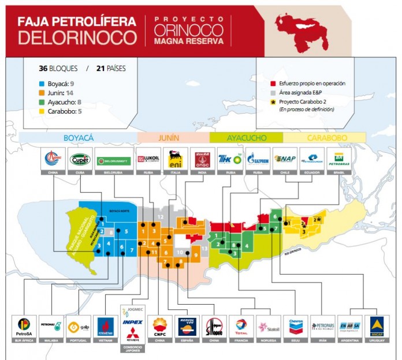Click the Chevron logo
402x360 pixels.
(x=295, y=327)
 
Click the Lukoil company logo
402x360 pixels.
(x=148, y=159)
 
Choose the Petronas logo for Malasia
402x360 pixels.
(x=51, y=327)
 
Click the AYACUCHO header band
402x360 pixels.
(x=246, y=138)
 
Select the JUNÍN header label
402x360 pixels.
(x=173, y=138)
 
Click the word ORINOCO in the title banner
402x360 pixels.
(x=188, y=29)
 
